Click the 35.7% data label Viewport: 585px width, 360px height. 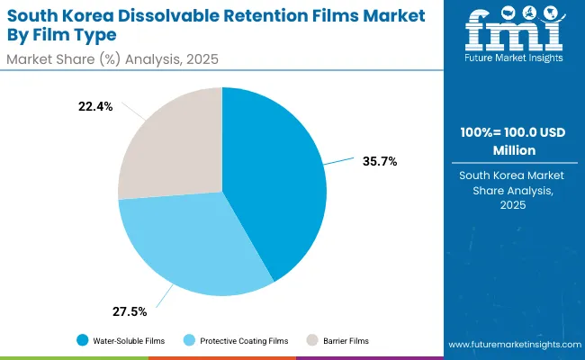point(380,161)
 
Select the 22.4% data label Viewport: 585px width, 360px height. point(96,106)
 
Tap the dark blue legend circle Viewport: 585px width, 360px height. point(83,340)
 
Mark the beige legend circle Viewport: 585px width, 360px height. point(312,340)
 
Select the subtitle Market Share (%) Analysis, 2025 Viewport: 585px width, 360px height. point(113,59)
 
